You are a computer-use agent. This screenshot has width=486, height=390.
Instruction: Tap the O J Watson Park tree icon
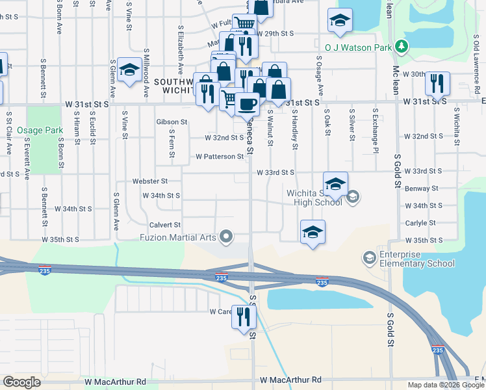[x=403, y=46]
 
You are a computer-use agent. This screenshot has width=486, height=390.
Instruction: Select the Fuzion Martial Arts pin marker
[x=226, y=237]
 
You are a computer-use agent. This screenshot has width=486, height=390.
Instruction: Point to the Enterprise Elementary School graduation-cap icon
[x=369, y=258]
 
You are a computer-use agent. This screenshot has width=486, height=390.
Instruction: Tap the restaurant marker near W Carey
[x=244, y=318]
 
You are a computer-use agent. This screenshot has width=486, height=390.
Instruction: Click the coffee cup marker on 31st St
[x=246, y=105]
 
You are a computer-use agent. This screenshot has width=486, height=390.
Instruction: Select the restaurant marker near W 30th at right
[x=437, y=84]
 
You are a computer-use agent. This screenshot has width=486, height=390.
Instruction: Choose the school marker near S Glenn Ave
[x=130, y=71]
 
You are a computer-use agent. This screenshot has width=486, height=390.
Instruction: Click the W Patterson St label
[x=220, y=157]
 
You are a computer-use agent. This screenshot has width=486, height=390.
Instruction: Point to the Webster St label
[x=150, y=181]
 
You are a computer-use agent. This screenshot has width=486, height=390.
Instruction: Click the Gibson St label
[x=172, y=122]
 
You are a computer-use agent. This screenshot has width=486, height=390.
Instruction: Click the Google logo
[x=21, y=382]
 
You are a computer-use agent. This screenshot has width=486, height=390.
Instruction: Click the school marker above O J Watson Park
[x=340, y=21]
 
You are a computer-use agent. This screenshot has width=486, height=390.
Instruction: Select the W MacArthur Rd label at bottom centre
[x=290, y=380]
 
